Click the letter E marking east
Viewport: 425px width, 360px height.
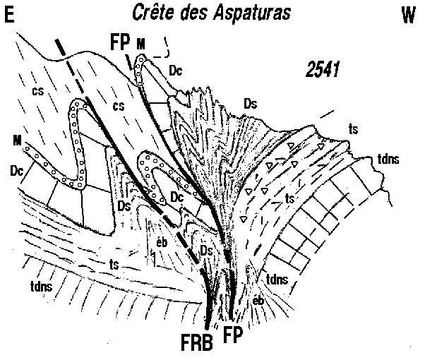(10, 16)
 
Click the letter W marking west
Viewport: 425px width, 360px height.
(408, 16)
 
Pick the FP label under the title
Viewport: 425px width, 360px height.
(119, 42)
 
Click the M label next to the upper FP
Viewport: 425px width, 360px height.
(142, 44)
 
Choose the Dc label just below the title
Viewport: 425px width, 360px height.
(176, 70)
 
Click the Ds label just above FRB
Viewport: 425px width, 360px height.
(207, 250)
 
